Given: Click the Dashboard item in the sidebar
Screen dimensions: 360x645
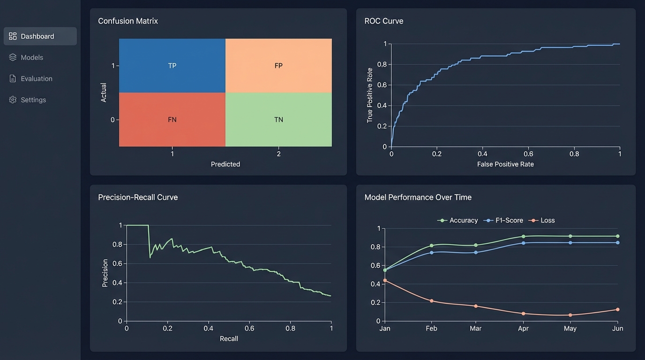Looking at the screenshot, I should (37, 37).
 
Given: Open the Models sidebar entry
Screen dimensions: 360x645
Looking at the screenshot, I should (32, 58).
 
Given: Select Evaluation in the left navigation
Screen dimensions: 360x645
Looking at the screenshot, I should (36, 79).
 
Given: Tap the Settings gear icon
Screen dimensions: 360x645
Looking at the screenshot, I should (13, 100).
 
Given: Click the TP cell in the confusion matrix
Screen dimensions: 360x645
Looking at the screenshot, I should (172, 66).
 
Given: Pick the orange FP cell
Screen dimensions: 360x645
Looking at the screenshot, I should (278, 66).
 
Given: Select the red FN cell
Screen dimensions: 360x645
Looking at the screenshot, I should (172, 120).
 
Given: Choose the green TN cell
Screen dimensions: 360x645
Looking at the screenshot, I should (278, 120).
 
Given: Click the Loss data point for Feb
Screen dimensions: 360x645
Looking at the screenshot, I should (431, 301).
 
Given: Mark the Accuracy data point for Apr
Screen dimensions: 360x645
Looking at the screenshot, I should (523, 236).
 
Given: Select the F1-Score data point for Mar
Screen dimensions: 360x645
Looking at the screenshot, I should (476, 252).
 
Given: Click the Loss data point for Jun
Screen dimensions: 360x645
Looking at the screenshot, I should (617, 309).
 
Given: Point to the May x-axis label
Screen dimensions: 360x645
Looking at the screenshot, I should (570, 329).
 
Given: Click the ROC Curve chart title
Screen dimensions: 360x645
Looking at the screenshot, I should (383, 21).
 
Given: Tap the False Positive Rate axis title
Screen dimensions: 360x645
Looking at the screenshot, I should (505, 165).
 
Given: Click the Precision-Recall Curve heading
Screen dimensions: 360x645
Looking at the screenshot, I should (138, 197).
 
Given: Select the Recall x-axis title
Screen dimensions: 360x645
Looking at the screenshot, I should (229, 339).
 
